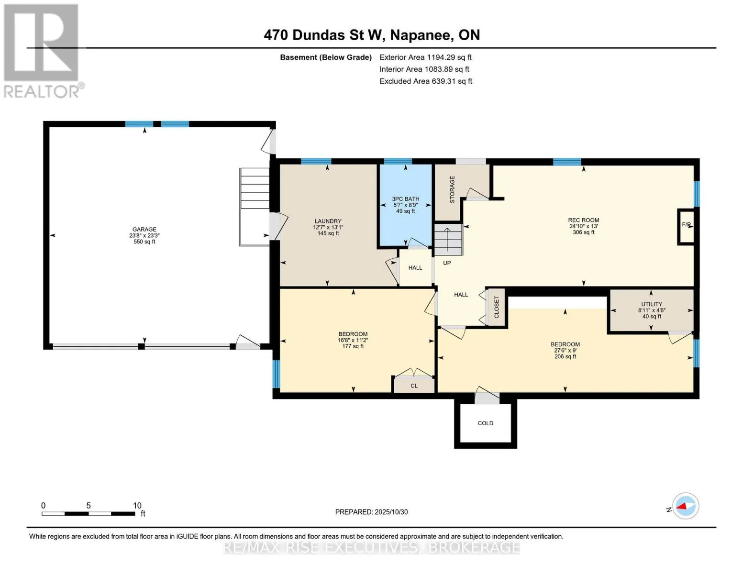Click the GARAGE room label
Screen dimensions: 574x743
click(144, 230)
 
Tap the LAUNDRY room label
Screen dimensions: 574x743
click(328, 221)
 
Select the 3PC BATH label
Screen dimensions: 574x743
click(405, 199)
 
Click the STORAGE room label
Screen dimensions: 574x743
click(452, 189)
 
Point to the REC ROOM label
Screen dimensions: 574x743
click(583, 221)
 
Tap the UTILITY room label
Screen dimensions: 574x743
click(651, 304)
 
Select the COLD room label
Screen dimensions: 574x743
click(485, 423)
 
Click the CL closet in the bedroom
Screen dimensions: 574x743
click(414, 386)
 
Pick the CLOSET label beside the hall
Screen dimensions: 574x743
click(496, 308)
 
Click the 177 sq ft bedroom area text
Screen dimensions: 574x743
click(353, 346)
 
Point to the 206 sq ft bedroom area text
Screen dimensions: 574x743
click(565, 356)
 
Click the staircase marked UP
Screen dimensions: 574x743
click(448, 240)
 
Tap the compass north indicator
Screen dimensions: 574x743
click(685, 506)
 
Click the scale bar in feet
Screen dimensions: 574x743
click(89, 513)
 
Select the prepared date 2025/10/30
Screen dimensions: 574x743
click(371, 512)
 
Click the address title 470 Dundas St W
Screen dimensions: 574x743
click(372, 35)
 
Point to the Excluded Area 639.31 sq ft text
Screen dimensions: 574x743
click(425, 81)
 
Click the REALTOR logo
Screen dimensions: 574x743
click(42, 50)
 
